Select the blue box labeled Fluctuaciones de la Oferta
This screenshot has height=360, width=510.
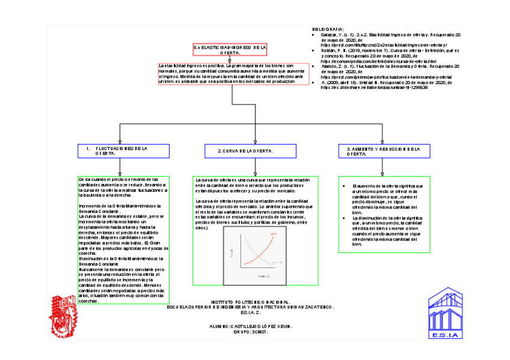tap(120, 151)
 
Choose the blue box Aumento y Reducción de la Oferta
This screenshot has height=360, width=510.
tap(382, 151)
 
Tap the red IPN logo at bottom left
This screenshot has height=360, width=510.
tap(64, 316)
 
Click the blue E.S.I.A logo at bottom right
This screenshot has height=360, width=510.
tap(447, 315)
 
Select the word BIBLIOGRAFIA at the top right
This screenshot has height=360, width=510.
tap(328, 29)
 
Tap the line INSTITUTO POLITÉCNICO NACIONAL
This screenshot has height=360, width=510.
tap(251, 301)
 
